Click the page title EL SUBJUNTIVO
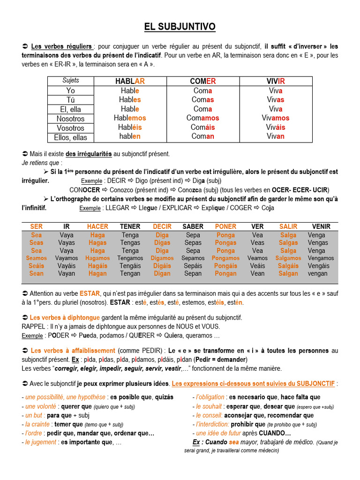pyautogui.click(x=180, y=27)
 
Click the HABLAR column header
pyautogui.click(x=130, y=81)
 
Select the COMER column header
pyautogui.click(x=202, y=81)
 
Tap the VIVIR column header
pyautogui.click(x=276, y=81)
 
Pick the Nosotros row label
pyautogui.click(x=70, y=119)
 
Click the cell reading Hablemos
pyautogui.click(x=130, y=118)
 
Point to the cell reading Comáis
pyautogui.click(x=202, y=127)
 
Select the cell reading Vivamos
pyautogui.click(x=276, y=118)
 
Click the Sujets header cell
pyautogui.click(x=71, y=81)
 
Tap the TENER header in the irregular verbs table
pyautogui.click(x=130, y=226)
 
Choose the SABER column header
pyautogui.click(x=193, y=226)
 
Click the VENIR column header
pyautogui.click(x=321, y=226)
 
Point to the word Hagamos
pyautogui.click(x=97, y=258)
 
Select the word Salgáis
pyautogui.click(x=288, y=266)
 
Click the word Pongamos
pyautogui.click(x=225, y=258)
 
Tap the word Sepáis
pyautogui.click(x=193, y=266)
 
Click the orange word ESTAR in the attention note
pyautogui.click(x=90, y=293)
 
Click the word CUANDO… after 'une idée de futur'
pyautogui.click(x=275, y=433)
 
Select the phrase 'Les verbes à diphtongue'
pyautogui.click(x=65, y=317)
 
